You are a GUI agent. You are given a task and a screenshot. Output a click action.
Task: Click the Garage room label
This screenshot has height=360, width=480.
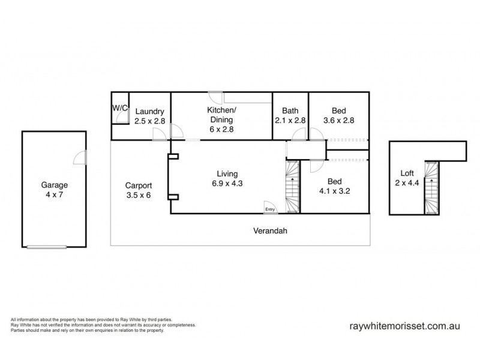(54, 185)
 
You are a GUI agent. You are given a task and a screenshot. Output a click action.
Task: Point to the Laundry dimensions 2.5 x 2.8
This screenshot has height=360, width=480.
(149, 121)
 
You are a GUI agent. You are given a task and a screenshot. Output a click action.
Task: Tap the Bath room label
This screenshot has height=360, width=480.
(290, 110)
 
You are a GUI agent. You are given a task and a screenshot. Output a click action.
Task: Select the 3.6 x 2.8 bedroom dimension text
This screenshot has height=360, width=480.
(338, 121)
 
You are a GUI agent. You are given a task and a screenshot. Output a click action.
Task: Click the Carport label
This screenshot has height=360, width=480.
(138, 185)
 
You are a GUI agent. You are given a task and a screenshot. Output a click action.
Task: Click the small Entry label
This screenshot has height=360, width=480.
(270, 209)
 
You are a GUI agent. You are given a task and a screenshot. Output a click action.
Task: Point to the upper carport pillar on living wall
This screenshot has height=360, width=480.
(173, 157)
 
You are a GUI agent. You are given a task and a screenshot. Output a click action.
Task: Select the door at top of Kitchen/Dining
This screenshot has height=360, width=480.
(216, 97)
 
